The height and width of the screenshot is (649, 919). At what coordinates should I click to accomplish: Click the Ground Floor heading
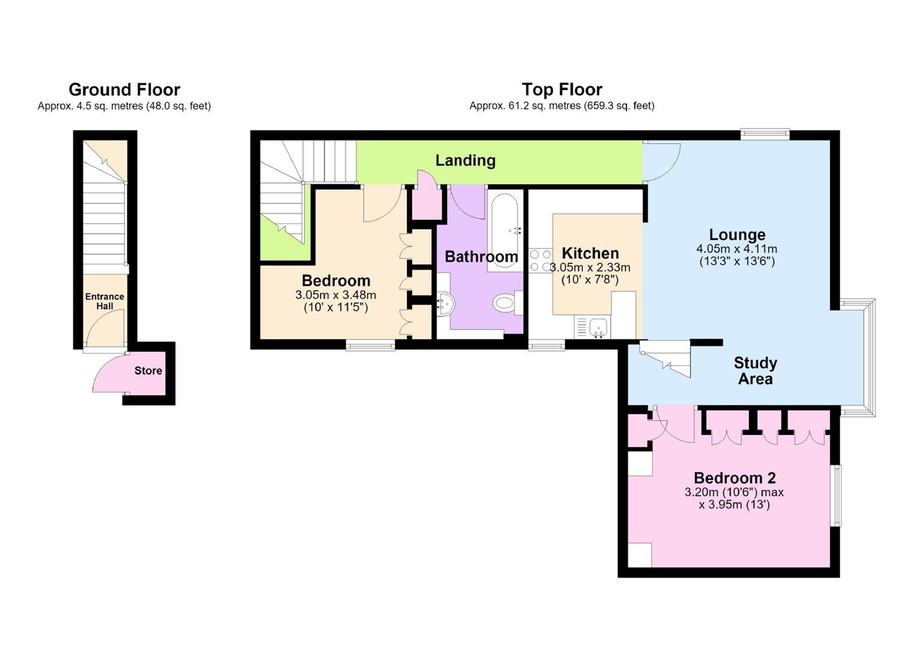click(x=124, y=90)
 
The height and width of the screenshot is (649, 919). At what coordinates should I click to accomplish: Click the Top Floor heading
click(x=561, y=90)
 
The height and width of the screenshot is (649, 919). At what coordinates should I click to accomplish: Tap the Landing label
click(x=465, y=160)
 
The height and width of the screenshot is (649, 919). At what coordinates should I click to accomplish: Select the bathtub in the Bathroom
click(x=505, y=231)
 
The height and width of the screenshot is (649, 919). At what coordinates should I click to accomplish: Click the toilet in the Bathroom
click(x=508, y=303)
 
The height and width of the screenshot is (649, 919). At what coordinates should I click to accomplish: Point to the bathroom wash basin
click(x=445, y=304)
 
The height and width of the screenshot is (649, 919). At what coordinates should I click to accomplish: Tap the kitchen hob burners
click(x=540, y=261)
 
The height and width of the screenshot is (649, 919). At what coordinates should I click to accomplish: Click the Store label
click(x=148, y=371)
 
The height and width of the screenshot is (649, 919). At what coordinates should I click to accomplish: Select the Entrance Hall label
click(x=105, y=301)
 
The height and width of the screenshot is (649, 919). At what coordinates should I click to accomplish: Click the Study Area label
click(x=756, y=371)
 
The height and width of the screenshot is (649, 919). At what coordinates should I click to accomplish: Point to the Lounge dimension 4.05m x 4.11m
click(x=736, y=249)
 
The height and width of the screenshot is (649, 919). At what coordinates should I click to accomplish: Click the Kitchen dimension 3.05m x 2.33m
click(x=590, y=267)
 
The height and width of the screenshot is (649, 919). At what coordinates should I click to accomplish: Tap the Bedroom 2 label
click(x=734, y=478)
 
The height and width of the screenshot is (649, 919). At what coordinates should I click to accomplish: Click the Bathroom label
click(x=481, y=257)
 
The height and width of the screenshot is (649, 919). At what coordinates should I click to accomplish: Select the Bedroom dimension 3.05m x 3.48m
click(x=335, y=294)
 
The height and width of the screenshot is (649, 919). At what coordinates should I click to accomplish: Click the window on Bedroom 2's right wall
click(x=835, y=495)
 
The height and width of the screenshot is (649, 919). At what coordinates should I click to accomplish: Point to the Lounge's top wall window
click(x=765, y=135)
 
